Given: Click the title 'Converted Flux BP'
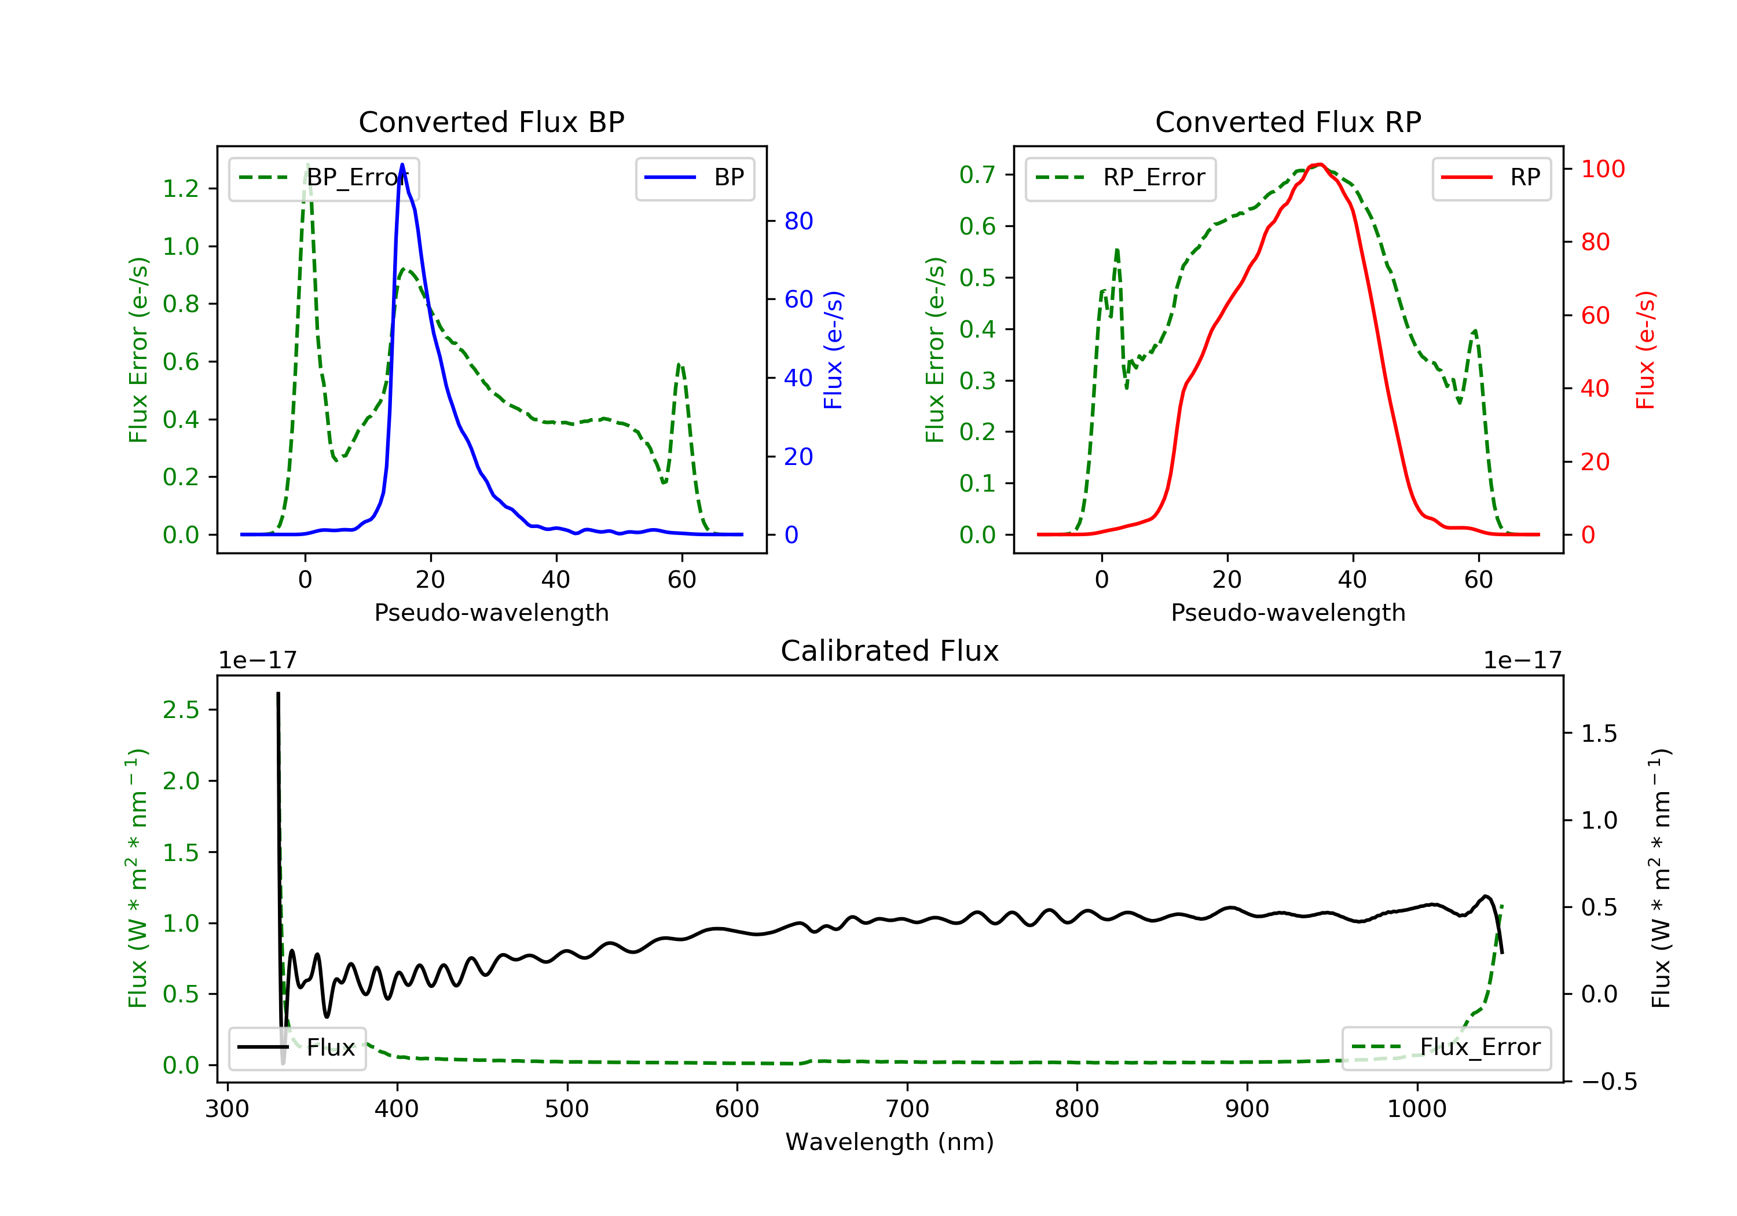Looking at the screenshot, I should [x=491, y=122].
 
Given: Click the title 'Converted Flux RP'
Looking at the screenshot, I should [x=1288, y=122].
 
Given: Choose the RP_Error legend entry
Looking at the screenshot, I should [x=1120, y=178].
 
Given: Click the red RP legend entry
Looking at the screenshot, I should [x=1490, y=178].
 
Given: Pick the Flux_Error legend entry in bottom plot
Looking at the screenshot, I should [x=1446, y=1047].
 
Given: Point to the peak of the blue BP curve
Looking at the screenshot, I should [x=402, y=165].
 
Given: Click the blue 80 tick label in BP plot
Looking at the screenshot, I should [x=798, y=221].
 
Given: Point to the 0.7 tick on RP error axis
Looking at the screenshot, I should [x=977, y=175].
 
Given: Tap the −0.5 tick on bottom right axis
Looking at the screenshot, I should [x=1608, y=1081].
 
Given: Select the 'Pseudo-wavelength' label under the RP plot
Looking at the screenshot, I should [x=1288, y=612].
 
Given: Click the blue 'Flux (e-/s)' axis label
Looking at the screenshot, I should [x=833, y=350].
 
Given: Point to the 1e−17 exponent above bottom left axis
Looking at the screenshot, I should [x=257, y=661].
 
